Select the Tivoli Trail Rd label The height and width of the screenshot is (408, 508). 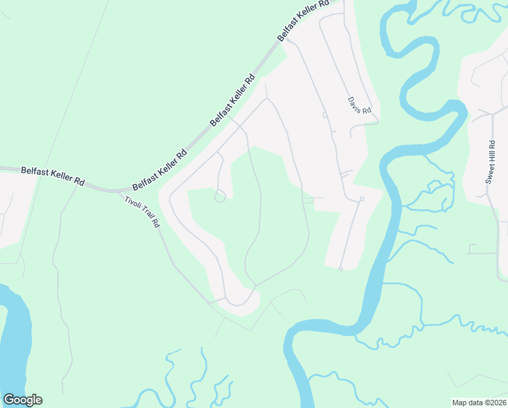(x=142, y=211)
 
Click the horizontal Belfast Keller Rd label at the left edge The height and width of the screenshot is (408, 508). (x=53, y=177)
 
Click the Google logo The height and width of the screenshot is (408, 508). (x=22, y=400)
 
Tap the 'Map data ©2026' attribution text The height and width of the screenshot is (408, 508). (x=479, y=403)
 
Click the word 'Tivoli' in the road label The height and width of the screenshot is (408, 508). (x=132, y=201)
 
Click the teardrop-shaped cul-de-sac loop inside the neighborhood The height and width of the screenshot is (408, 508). (x=219, y=197)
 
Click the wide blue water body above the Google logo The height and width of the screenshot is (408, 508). (x=15, y=340)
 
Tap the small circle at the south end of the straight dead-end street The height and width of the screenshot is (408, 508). (x=340, y=269)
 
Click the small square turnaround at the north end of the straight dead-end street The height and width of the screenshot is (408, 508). (x=362, y=199)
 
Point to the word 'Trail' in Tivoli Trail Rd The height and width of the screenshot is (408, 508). (x=145, y=214)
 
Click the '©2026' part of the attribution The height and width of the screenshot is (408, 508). (x=494, y=403)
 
